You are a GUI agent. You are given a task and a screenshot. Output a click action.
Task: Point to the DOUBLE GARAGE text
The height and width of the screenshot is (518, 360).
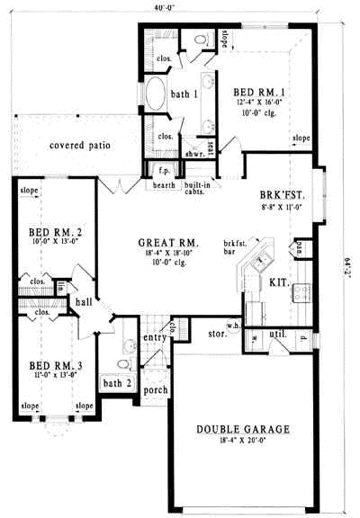pyautogui.click(x=243, y=430)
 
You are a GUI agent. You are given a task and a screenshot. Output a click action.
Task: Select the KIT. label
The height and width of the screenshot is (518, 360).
pyautogui.click(x=279, y=282)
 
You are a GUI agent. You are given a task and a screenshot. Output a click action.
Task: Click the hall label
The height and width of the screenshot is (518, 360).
pyautogui.click(x=84, y=304)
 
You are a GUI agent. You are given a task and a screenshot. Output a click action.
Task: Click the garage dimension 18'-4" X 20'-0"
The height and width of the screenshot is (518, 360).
pyautogui.click(x=243, y=442)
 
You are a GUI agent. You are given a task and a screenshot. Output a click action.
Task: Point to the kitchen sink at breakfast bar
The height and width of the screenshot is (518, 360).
pyautogui.click(x=262, y=262)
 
